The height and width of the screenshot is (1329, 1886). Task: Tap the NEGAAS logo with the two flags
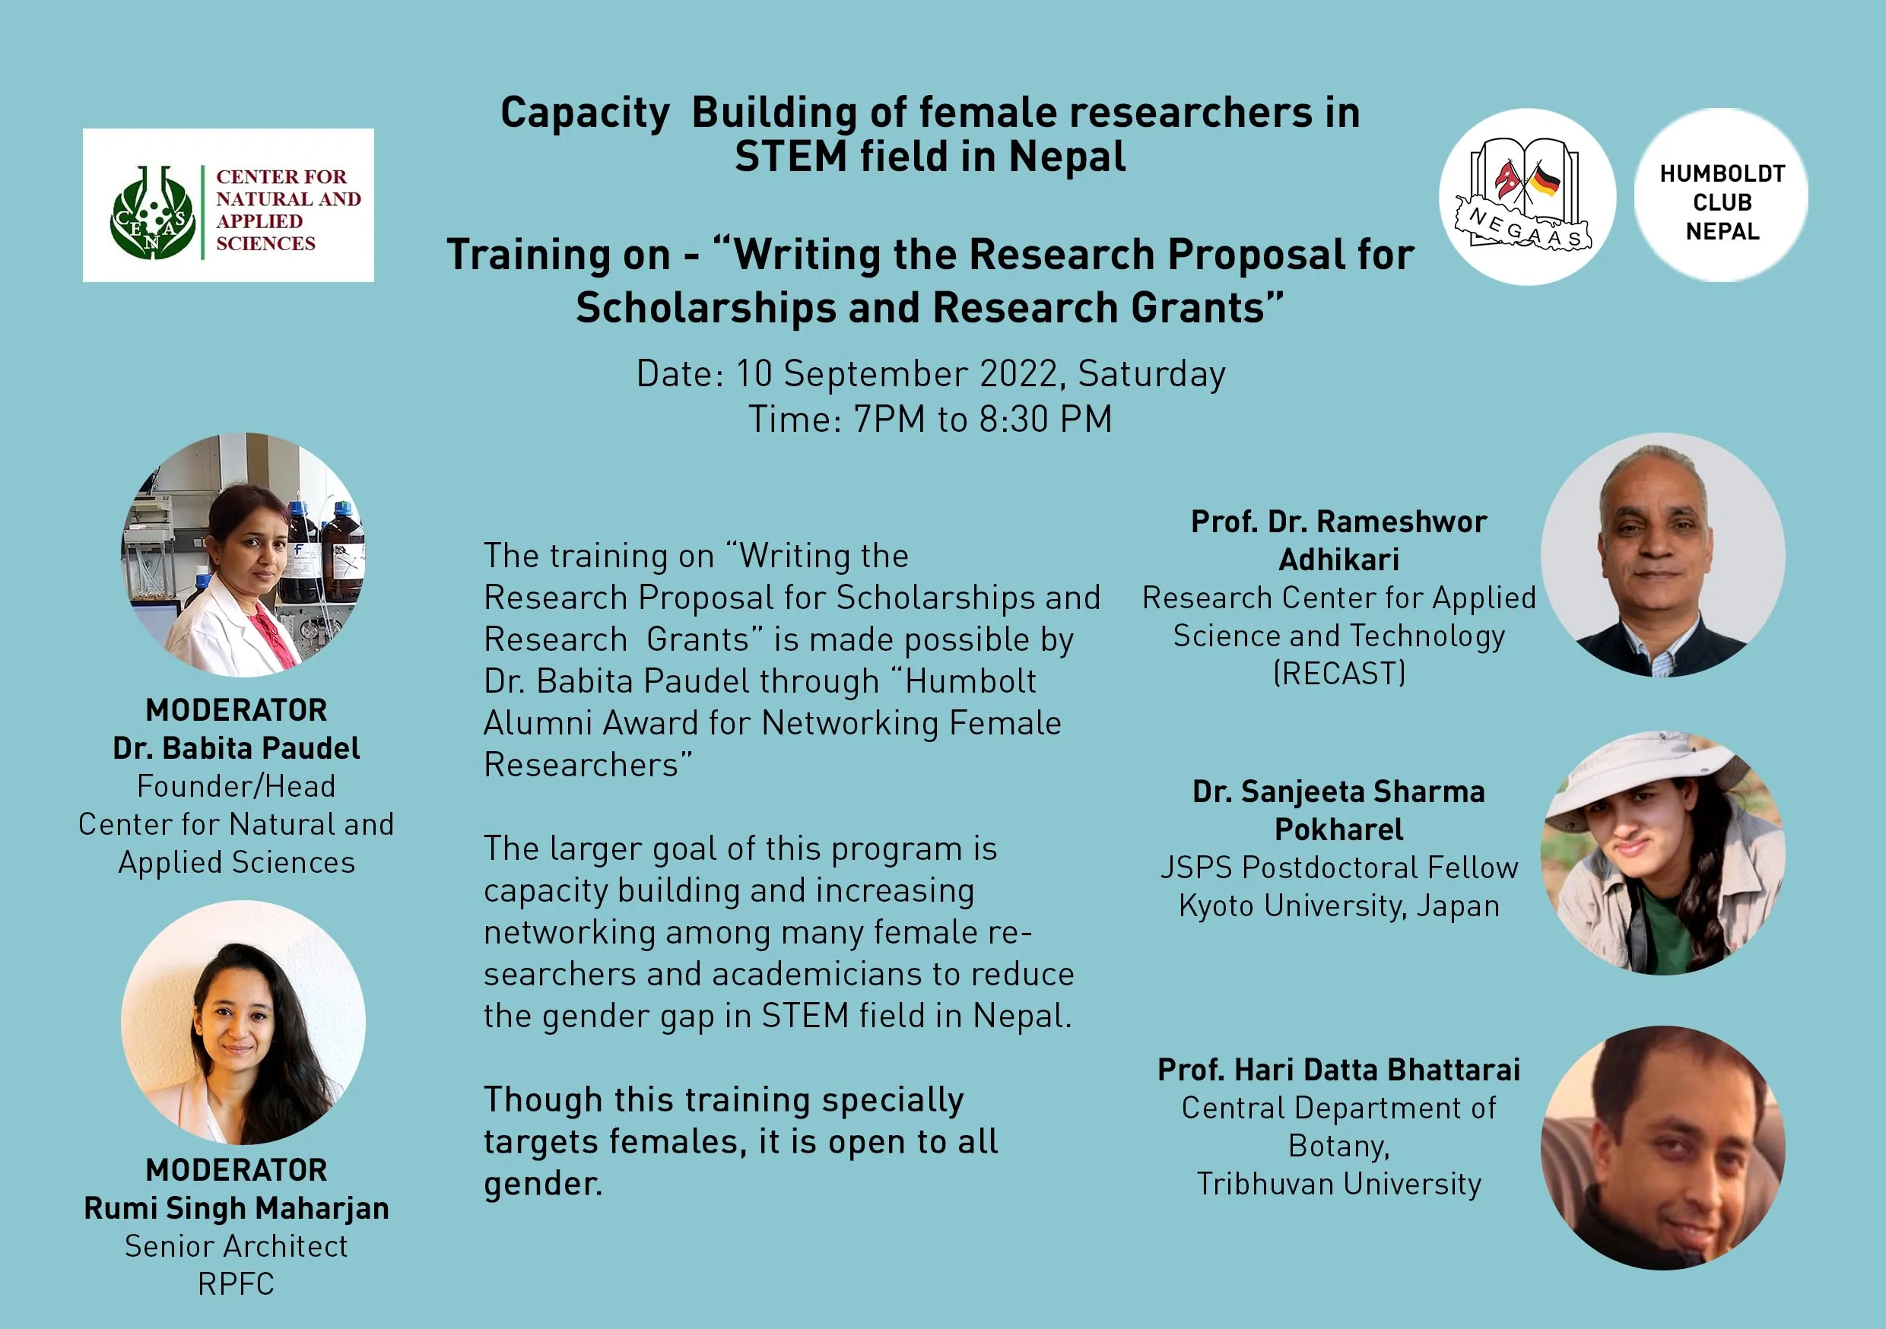1527,197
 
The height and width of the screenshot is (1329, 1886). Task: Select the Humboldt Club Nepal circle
1722,195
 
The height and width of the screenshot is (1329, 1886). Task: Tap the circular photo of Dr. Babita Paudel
243,555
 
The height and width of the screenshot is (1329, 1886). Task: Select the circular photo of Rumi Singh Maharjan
243,1023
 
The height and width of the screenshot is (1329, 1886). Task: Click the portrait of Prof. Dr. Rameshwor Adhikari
1662,555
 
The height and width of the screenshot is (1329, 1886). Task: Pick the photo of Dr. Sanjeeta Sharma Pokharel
1662,853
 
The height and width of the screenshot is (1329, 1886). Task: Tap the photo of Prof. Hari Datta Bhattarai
1662,1148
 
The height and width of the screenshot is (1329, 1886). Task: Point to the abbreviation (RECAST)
1339,674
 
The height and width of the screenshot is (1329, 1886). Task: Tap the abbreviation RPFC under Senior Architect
237,1285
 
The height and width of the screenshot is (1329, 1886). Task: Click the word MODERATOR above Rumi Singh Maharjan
237,1169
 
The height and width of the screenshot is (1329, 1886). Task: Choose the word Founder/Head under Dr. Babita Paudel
237,786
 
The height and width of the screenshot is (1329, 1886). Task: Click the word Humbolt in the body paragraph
970,681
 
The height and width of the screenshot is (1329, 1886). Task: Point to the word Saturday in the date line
1151,375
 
